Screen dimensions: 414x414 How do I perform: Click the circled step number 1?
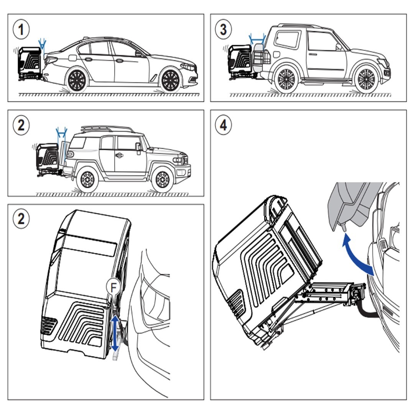tap(21, 30)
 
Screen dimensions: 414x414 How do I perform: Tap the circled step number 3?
tap(223, 30)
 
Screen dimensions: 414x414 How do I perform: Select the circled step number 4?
tap(223, 125)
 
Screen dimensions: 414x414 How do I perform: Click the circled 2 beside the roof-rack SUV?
tap(21, 125)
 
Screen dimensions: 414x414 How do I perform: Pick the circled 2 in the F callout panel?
tap(21, 219)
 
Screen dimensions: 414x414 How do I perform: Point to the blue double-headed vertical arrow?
tap(115, 332)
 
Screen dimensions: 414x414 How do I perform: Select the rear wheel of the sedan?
tap(77, 80)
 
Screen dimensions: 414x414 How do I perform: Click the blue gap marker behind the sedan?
tap(43, 44)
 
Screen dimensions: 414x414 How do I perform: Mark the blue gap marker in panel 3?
tap(257, 38)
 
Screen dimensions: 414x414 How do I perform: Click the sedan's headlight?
tap(188, 67)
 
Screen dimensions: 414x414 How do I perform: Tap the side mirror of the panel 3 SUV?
tap(339, 47)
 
